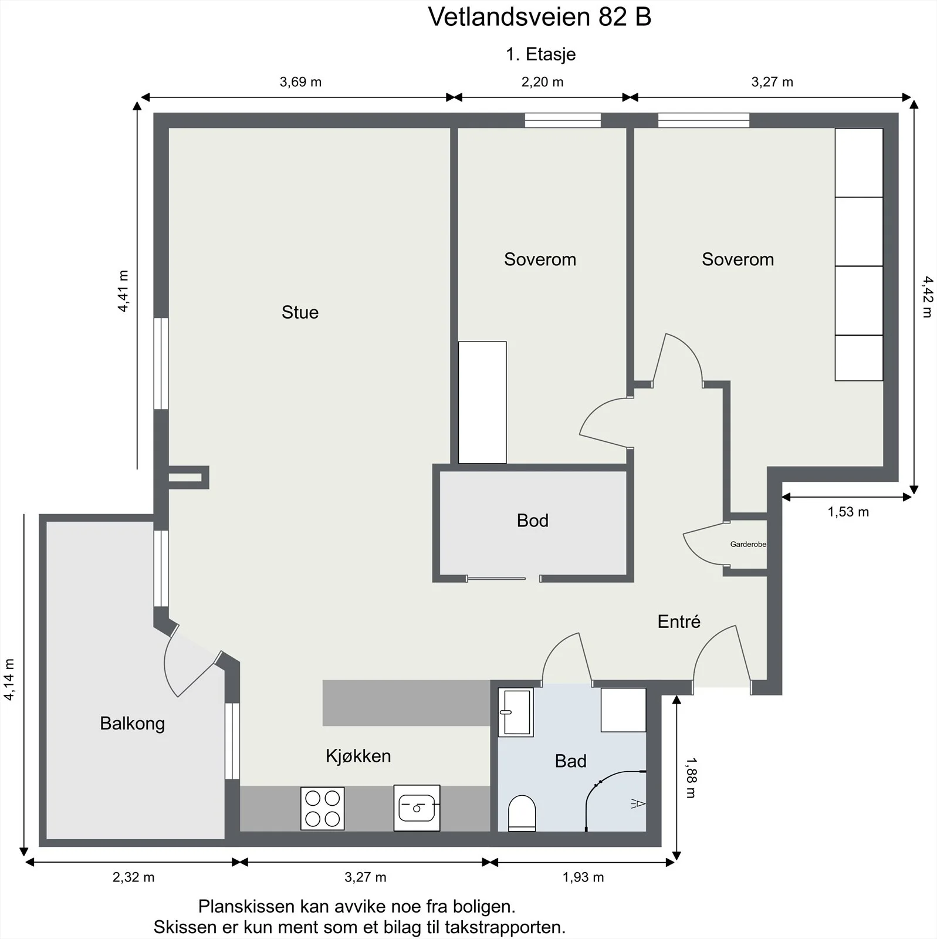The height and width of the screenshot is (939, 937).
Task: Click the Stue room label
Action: click(300, 312)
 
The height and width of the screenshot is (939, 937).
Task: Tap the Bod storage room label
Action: click(533, 521)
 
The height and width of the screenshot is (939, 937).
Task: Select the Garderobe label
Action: click(748, 544)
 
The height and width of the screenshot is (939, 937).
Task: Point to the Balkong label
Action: click(132, 724)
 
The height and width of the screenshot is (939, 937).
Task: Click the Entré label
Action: click(679, 622)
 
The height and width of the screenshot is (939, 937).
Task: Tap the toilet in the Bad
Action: click(522, 813)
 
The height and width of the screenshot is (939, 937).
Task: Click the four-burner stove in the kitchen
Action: click(322, 808)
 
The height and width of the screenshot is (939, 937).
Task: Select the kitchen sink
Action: click(417, 808)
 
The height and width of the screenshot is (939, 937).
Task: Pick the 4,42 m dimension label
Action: click(926, 297)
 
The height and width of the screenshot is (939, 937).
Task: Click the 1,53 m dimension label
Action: click(848, 512)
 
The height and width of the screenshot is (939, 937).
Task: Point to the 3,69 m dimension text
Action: click(300, 82)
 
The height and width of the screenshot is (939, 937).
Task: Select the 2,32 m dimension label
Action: click(133, 877)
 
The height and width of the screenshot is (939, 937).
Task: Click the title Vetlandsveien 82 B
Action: click(540, 17)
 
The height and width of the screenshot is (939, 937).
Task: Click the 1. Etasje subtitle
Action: click(541, 54)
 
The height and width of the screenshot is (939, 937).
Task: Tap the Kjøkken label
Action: click(358, 756)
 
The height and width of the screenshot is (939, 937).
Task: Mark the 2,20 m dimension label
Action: click(542, 82)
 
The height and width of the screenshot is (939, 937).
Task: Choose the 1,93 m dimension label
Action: click(583, 877)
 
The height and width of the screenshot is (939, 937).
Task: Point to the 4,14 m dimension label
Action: click(9, 680)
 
